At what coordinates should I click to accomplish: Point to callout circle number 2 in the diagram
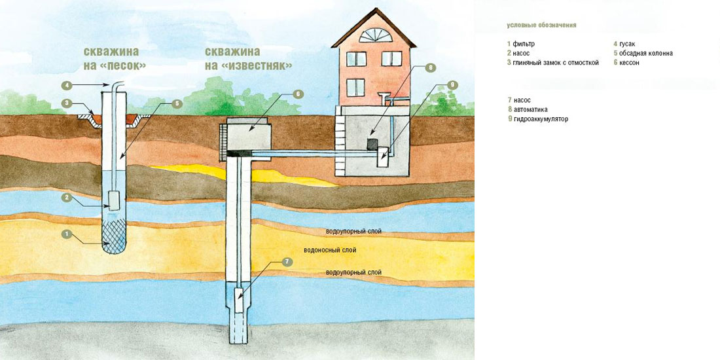[x=66, y=197]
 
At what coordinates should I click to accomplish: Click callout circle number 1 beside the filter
[x=66, y=234]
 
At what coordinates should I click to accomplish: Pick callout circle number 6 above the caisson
[x=298, y=94]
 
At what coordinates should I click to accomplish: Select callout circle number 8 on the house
[x=429, y=67]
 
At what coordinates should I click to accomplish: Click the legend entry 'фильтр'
[x=521, y=44]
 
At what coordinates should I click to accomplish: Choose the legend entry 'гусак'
[x=627, y=44]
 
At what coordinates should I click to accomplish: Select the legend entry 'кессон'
[x=629, y=63]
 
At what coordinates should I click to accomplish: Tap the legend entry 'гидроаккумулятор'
[x=541, y=120]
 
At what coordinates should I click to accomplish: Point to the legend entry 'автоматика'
[x=530, y=110]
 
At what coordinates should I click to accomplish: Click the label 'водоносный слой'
[x=330, y=251]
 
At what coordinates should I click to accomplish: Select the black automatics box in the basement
[x=371, y=143]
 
